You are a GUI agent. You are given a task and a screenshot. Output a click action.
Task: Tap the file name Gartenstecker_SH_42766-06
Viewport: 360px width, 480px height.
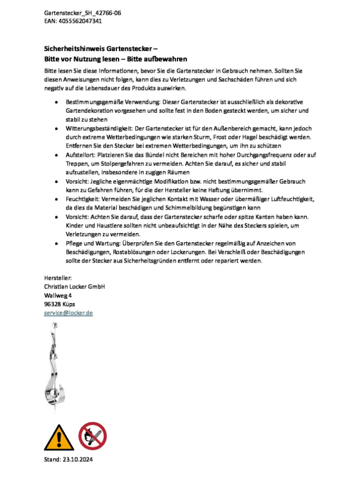[x=83, y=13]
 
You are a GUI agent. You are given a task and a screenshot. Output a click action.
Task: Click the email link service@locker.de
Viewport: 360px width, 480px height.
[x=68, y=313]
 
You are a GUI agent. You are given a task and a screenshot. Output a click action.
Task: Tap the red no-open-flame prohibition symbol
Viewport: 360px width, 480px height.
[x=92, y=436]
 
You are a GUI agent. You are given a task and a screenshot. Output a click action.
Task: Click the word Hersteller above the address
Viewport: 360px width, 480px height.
[x=57, y=278]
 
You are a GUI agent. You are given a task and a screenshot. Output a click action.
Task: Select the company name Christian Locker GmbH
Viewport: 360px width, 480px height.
[x=75, y=286]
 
